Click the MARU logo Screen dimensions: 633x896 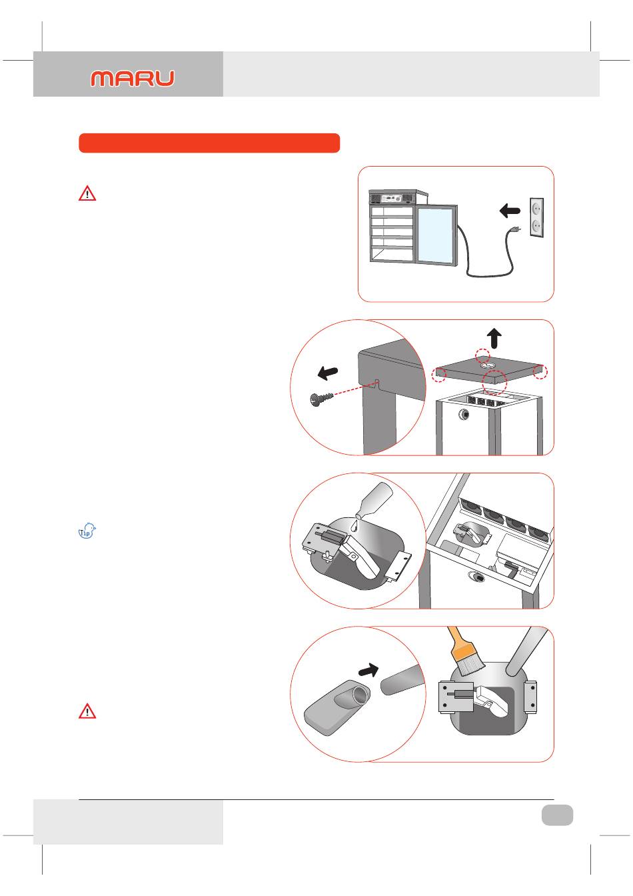pos(133,78)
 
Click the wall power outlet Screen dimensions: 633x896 pos(536,217)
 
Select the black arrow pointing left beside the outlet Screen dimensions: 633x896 pos(510,210)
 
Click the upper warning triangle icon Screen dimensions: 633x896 pos(87,193)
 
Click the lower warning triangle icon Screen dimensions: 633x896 pos(87,711)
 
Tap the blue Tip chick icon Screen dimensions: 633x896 pos(87,531)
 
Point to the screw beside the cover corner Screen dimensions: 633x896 pos(321,399)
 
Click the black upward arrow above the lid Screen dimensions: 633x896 pos(494,338)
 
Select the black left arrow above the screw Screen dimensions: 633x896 pos(328,373)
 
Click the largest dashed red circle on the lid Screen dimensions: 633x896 pos(494,382)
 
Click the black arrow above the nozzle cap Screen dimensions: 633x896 pos(368,669)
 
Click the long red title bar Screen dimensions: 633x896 pos(209,143)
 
